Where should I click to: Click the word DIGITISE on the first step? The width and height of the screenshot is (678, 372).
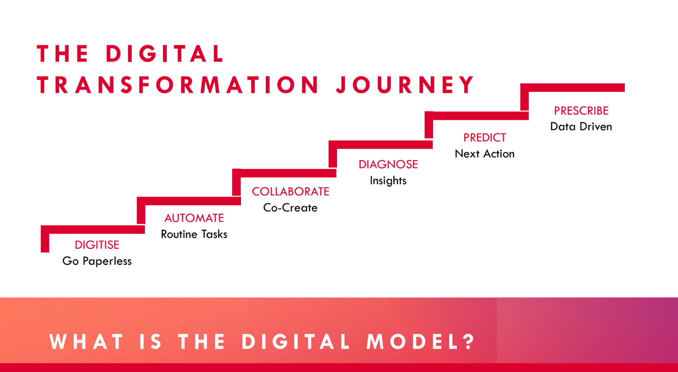click(x=97, y=245)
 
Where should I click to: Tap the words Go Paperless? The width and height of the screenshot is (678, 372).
click(x=97, y=261)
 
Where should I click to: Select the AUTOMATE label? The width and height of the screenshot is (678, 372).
click(x=194, y=218)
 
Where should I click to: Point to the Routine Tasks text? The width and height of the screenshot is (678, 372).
click(x=194, y=234)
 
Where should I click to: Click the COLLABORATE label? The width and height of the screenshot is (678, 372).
click(x=291, y=192)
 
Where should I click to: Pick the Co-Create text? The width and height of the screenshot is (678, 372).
click(x=290, y=208)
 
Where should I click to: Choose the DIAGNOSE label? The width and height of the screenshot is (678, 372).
click(x=388, y=165)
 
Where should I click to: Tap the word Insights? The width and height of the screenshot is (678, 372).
click(x=388, y=180)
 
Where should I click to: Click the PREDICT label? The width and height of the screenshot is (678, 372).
click(x=485, y=138)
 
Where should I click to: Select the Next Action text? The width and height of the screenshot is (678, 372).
click(x=485, y=153)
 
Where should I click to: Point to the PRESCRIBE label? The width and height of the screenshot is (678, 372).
click(x=581, y=111)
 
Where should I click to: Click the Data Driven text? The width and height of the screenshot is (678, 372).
click(x=581, y=126)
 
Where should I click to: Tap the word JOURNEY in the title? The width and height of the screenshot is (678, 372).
click(x=405, y=85)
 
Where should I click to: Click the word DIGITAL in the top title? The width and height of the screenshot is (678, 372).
click(x=165, y=54)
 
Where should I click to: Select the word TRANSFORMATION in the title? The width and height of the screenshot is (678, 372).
click(x=178, y=85)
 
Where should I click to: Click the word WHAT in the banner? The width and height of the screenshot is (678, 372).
click(x=87, y=341)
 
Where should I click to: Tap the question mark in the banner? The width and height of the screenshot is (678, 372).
click(x=470, y=341)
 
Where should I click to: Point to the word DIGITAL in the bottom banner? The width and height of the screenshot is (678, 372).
click(x=296, y=341)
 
